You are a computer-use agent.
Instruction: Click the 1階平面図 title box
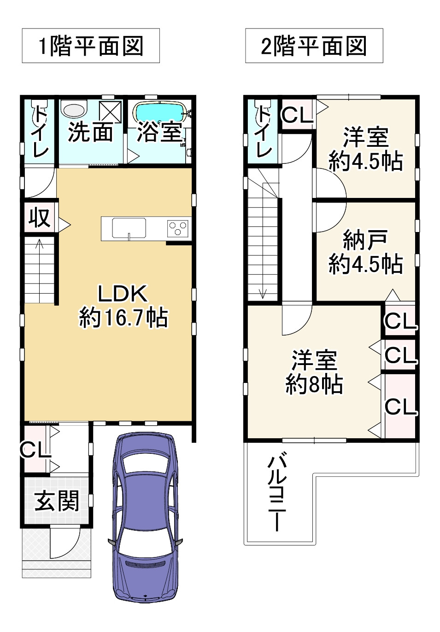91,46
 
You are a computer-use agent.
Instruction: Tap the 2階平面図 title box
314,46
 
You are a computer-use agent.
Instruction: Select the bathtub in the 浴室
159,112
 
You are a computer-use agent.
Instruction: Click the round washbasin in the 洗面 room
74,110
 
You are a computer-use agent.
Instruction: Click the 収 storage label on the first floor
39,217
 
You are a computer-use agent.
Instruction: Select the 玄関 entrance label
57,500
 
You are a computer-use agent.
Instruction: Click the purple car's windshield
145,463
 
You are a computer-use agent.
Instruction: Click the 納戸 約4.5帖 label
365,252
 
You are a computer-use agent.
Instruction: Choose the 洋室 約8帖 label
314,372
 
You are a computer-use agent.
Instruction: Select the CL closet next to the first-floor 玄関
35,449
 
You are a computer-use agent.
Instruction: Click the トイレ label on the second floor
263,131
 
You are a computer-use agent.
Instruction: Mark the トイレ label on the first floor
39,131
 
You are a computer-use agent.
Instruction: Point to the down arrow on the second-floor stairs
263,293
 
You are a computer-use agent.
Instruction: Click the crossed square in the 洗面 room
111,112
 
